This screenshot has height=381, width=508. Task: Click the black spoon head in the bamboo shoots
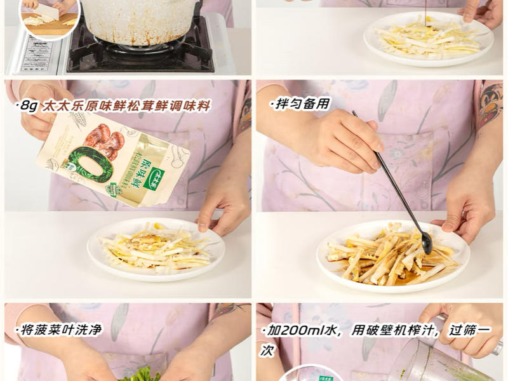pos(426,242)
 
